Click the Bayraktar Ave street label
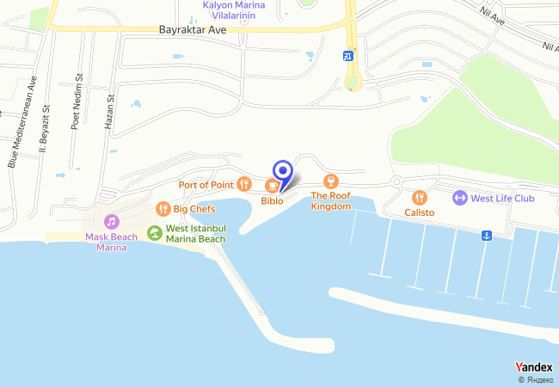[x=193, y=29]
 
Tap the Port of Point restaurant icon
[x=244, y=184]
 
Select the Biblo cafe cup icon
[x=272, y=185]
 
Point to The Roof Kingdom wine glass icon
[x=330, y=181]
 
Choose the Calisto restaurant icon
[x=420, y=198]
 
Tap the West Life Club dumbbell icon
[x=459, y=198]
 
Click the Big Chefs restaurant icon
[x=163, y=208]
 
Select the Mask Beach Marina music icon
[x=112, y=222]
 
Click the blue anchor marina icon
[x=486, y=236]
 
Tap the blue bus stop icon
[x=347, y=56]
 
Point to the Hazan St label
[x=110, y=112]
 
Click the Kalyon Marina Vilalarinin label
[x=234, y=9]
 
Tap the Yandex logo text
[x=533, y=367]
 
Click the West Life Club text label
[x=503, y=199]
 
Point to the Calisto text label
[x=420, y=212]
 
